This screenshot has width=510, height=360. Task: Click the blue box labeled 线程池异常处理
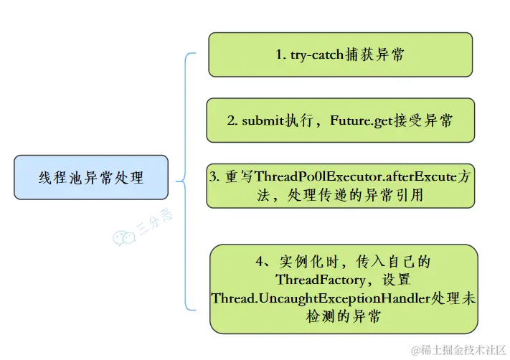[x=91, y=177]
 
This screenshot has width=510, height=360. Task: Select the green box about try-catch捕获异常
[x=340, y=55]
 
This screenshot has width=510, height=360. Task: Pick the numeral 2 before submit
[x=232, y=120]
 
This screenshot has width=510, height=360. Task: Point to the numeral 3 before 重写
[x=214, y=177]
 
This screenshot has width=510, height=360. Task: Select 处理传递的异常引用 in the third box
[x=366, y=195]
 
